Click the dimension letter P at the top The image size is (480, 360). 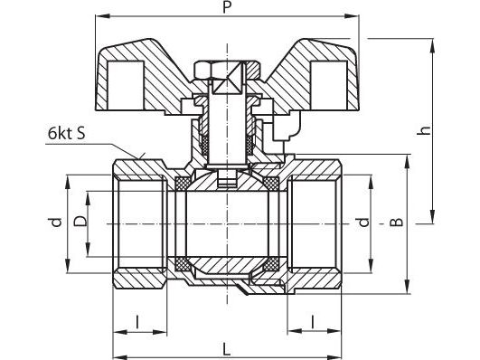(226, 7)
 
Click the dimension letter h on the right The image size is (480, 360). (424, 130)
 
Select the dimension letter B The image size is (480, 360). (397, 222)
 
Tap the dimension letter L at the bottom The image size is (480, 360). (226, 349)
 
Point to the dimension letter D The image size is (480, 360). (80, 221)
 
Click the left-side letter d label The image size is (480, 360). (56, 222)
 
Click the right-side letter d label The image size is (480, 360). (363, 222)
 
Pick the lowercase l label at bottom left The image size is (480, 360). (137, 322)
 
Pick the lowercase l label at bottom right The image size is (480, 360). (312, 321)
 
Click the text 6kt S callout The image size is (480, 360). (66, 133)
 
